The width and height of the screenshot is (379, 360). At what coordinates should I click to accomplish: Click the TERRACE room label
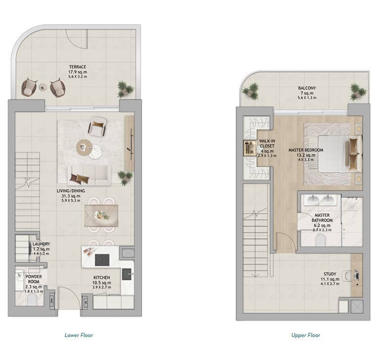click(x=78, y=67)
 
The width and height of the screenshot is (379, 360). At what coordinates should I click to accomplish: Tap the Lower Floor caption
click(x=79, y=335)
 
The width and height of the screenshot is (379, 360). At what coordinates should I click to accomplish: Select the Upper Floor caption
click(x=306, y=335)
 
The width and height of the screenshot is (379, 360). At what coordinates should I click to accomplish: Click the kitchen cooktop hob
click(x=102, y=260)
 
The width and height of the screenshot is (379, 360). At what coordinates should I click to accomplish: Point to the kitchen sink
click(x=127, y=274)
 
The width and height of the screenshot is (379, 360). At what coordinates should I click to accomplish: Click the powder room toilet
click(x=32, y=300)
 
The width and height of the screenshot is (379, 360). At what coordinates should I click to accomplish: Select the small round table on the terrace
click(x=44, y=87)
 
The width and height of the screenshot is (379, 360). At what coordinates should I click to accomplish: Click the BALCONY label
click(x=307, y=88)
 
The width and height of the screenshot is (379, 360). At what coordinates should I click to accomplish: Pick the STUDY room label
click(x=330, y=274)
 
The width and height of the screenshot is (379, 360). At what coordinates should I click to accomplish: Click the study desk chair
click(x=348, y=276)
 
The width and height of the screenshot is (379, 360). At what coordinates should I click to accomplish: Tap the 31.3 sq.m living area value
click(x=71, y=196)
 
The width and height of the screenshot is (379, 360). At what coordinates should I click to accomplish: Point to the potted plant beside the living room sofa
click(x=125, y=177)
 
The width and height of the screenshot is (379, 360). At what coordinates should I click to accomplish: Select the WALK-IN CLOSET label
click(x=267, y=143)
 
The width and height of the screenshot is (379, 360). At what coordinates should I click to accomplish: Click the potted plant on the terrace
click(x=125, y=89)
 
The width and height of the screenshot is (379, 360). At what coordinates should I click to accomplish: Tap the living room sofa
click(x=89, y=176)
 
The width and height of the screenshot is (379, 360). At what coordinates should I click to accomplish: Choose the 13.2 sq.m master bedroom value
click(x=306, y=155)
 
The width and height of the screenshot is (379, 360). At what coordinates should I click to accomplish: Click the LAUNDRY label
click(x=41, y=244)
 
